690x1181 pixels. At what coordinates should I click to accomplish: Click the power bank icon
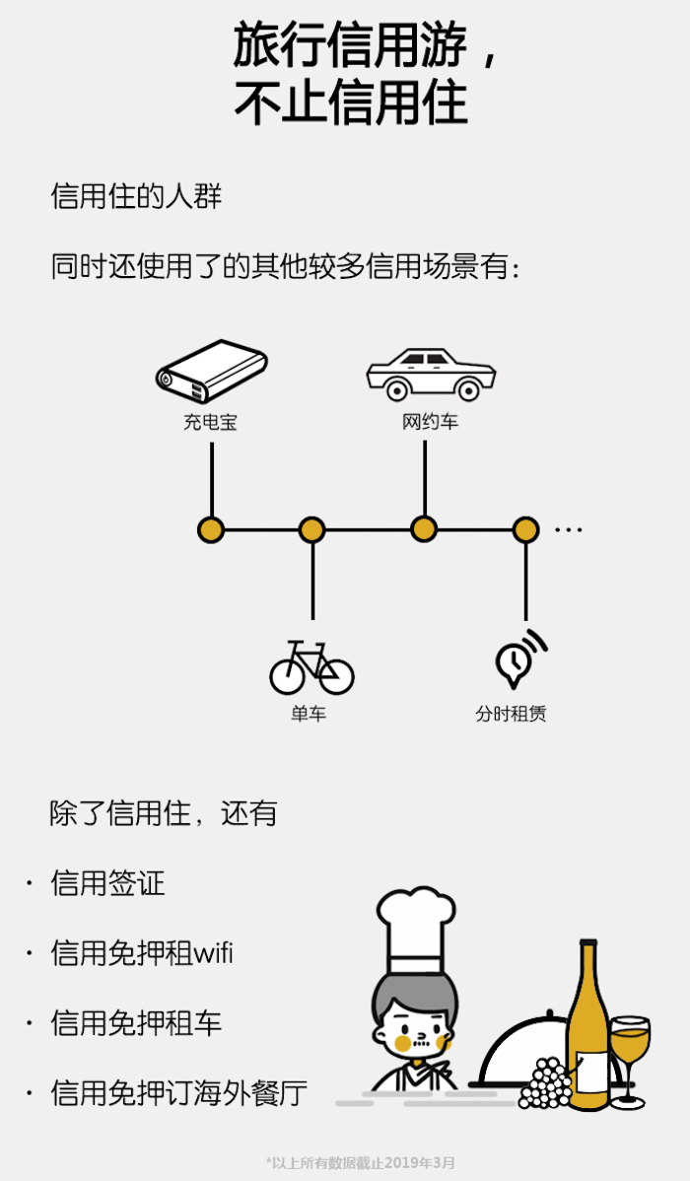(x=211, y=372)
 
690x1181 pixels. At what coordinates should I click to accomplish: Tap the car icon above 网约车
(x=430, y=373)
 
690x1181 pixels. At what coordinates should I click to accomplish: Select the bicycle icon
(x=311, y=667)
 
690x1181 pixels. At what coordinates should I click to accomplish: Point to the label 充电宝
(x=210, y=423)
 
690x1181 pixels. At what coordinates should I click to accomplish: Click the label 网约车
(x=430, y=423)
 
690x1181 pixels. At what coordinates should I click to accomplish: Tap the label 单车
(x=309, y=714)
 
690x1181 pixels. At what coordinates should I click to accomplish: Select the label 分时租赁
(x=511, y=714)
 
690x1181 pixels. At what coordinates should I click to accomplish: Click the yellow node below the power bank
(x=211, y=530)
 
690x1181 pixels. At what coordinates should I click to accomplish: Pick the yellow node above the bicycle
(x=311, y=530)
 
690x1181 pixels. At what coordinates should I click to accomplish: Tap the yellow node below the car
(x=424, y=529)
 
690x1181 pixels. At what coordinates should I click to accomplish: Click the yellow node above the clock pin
(x=526, y=530)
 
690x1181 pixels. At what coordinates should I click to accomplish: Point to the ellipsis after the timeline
(x=569, y=530)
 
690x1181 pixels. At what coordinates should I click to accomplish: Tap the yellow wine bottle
(x=589, y=1030)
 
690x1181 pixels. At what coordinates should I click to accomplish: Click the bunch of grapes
(x=545, y=1081)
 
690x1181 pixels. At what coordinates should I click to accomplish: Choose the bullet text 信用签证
(x=108, y=883)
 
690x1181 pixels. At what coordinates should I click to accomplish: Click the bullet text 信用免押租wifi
(x=142, y=953)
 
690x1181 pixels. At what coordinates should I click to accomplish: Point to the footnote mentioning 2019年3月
(x=360, y=1162)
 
